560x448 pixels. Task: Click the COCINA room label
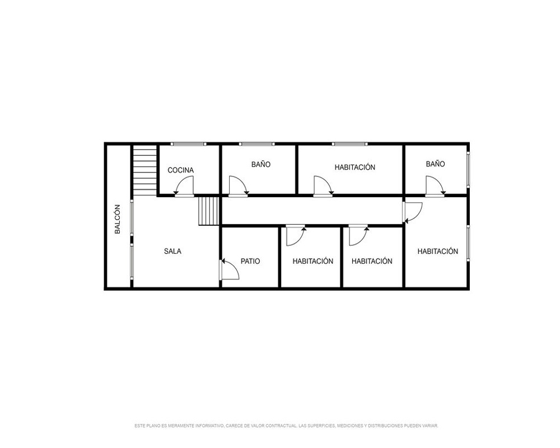(x=181, y=170)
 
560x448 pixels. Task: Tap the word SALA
(x=172, y=251)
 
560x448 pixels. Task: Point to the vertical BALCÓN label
(x=117, y=219)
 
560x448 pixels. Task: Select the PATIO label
(x=250, y=261)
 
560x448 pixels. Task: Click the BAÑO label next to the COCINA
(x=261, y=164)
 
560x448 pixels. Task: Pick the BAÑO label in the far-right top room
(x=435, y=164)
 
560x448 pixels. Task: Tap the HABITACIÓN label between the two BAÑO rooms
(x=355, y=167)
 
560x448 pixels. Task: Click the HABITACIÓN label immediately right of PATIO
(x=313, y=261)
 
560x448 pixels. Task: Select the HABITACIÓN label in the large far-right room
(x=438, y=251)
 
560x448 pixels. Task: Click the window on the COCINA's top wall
(x=188, y=144)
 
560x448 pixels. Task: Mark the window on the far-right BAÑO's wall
(x=468, y=169)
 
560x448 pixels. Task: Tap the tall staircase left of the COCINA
(x=145, y=170)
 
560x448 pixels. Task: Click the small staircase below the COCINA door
(x=208, y=211)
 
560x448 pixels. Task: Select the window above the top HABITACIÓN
(x=349, y=144)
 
